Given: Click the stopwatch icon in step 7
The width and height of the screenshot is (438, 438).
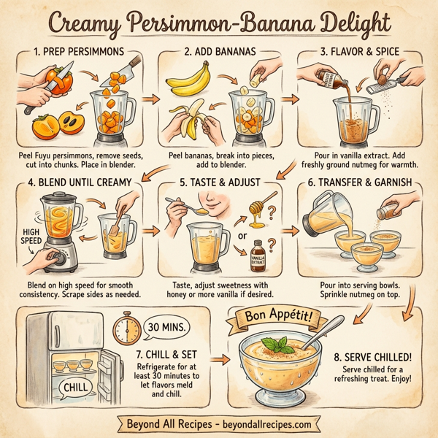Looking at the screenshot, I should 128,330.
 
